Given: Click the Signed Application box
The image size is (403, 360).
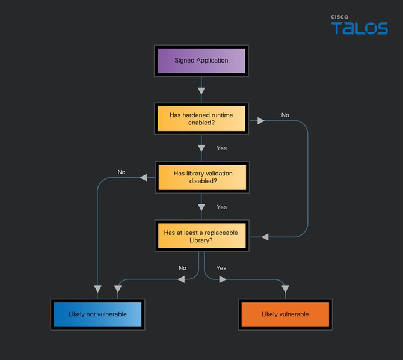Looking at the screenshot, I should point(201,61).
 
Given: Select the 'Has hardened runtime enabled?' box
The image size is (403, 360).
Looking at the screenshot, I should point(201,118).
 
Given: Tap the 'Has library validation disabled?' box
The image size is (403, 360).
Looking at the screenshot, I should point(201,177).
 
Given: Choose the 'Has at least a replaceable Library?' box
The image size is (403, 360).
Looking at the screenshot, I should point(201,236).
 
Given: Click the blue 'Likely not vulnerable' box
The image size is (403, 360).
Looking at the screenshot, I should point(97,314).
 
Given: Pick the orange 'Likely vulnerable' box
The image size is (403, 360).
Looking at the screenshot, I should point(285,314).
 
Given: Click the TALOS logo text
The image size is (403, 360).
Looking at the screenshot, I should point(359,28).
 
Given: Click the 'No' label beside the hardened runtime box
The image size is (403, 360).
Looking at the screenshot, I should point(285,115).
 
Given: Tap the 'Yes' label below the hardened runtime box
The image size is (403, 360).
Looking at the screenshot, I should point(221,148).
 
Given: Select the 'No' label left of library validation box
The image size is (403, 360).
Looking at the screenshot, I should point(122,172).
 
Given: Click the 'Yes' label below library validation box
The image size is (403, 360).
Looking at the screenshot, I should point(221,207).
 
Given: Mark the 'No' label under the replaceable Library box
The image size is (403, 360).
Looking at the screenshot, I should point(182,268).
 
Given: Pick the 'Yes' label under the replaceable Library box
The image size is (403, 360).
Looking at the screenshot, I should point(221,268).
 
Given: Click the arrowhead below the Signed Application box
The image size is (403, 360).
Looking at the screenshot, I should point(202,91).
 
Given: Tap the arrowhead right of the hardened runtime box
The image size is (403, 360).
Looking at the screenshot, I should point(261,121).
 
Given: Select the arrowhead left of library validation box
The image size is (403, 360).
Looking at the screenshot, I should point(143,177).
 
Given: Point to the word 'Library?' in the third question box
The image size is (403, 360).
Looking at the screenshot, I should point(201,240).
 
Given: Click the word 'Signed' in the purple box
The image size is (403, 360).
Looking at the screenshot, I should point(184,61).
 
